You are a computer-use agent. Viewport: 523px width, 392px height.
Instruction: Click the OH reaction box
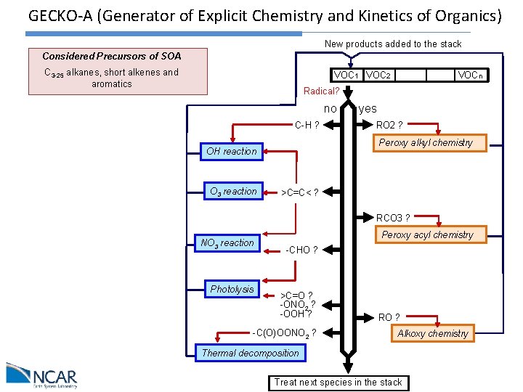[231, 151]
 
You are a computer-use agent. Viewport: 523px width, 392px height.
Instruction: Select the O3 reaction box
[232, 192]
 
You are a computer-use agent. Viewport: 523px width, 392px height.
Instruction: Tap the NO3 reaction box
[227, 242]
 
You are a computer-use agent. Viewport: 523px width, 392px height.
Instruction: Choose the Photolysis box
[232, 289]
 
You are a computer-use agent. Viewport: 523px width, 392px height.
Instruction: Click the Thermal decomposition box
[251, 353]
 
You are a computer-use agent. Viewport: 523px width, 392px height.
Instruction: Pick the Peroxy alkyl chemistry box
[426, 142]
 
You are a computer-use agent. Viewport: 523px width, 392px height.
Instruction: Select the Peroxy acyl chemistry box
[427, 234]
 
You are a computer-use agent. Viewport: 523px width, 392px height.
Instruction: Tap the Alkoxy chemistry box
[433, 333]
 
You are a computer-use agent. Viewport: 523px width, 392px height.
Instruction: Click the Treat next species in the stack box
[338, 382]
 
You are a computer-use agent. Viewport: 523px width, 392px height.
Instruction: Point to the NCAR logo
[41, 376]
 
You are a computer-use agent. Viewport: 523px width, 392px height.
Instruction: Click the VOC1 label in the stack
[346, 75]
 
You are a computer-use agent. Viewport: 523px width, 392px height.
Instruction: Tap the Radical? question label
[321, 91]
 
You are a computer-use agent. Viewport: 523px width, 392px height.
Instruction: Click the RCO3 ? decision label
[393, 218]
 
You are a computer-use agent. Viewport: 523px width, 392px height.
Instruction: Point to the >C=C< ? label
[299, 192]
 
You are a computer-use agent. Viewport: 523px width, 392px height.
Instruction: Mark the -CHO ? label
[301, 250]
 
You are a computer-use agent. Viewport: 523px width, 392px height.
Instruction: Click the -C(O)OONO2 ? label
[284, 333]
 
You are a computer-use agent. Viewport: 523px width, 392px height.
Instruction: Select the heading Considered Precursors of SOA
[112, 56]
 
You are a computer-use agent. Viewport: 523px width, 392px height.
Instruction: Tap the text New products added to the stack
[393, 44]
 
